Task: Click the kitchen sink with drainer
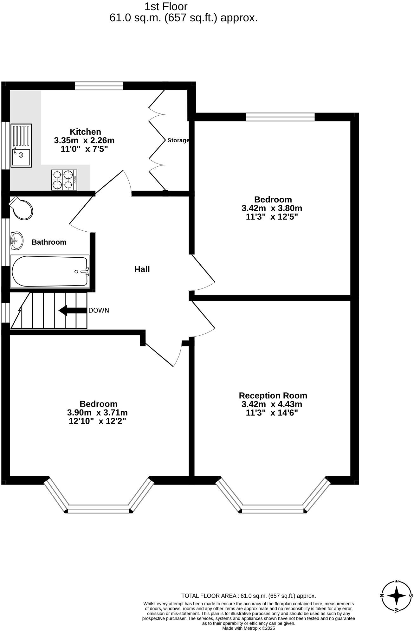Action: click(21, 145)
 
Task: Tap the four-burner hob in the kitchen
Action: click(64, 180)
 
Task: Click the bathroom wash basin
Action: click(16, 241)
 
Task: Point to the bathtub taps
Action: click(85, 272)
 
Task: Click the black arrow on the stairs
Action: click(73, 311)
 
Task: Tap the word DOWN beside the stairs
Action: click(99, 311)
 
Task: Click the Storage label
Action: click(178, 140)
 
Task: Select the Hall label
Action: click(142, 269)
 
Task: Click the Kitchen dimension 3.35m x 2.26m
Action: click(84, 140)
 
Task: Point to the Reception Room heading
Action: click(273, 396)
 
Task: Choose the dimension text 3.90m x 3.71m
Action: click(97, 413)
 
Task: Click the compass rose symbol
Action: click(397, 596)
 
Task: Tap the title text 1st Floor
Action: click(166, 6)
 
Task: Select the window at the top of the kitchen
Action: click(99, 86)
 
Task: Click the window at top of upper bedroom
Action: click(280, 117)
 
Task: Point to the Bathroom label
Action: click(49, 242)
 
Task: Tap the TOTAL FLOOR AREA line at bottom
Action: click(248, 596)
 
